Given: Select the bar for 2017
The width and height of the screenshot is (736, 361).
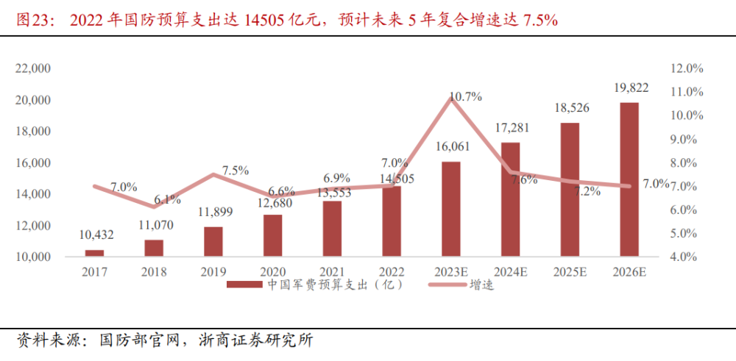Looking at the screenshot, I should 94,253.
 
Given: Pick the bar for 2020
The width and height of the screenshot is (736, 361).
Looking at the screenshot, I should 272,235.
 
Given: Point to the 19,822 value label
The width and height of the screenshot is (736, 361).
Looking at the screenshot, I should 631,88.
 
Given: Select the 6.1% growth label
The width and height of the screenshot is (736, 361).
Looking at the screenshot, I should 167,199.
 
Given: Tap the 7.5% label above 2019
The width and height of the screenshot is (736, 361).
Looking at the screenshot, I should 235,171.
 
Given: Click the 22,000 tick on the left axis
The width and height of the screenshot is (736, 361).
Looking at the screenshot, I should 32,68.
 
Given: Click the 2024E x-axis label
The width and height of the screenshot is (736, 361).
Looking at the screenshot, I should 510,273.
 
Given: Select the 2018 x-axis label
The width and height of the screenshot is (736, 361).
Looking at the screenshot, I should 154,273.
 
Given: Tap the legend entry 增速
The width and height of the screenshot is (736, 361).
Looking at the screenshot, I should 481,285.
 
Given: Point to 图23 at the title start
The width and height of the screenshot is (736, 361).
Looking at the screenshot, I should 31,21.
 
